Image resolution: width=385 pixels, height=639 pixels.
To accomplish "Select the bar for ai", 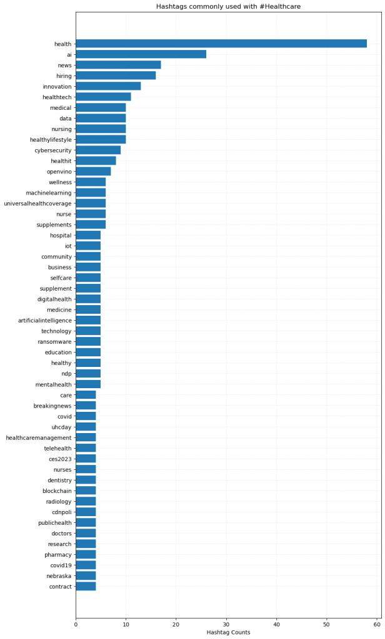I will [x=141, y=54].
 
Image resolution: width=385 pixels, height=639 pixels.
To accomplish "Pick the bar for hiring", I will [x=116, y=76].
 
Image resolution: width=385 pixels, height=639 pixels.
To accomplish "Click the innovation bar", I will [x=108, y=86].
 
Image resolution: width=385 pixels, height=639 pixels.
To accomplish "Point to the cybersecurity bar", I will [x=98, y=150].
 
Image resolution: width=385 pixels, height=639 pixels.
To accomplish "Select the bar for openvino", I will [x=93, y=172].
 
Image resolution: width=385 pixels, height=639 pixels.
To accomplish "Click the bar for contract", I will [x=86, y=587].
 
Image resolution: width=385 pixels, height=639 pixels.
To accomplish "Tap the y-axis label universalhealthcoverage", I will [x=37, y=203].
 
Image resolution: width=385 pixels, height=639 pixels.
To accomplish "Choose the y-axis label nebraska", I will [x=59, y=576].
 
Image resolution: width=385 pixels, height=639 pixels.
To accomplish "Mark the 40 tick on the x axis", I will [x=276, y=623].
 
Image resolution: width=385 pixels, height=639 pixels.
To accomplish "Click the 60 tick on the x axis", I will [x=377, y=623].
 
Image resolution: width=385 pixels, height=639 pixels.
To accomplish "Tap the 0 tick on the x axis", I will [x=76, y=623].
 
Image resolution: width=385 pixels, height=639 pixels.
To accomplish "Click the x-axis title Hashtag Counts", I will [x=228, y=633].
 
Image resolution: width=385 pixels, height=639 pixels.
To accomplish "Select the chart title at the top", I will [x=228, y=6].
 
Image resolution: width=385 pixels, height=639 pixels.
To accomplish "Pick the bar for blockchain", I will [x=86, y=491].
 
